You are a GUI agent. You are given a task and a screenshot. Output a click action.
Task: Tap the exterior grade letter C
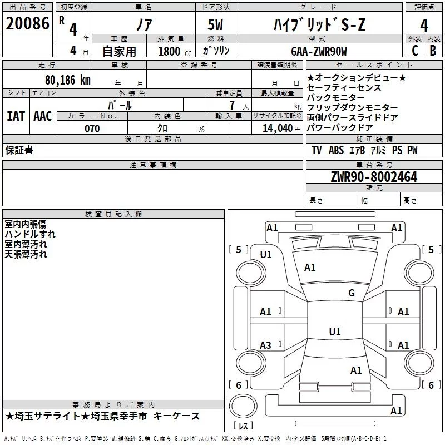point(414,50)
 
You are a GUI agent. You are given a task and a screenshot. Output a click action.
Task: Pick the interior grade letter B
point(433,50)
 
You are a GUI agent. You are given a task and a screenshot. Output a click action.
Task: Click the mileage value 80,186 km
point(68,80)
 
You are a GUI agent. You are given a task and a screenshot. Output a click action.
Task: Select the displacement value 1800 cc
point(172,51)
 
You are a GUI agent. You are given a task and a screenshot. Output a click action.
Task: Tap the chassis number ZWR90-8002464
point(374,177)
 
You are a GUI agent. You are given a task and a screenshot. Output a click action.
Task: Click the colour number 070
point(92,128)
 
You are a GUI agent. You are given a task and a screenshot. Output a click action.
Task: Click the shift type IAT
point(16,116)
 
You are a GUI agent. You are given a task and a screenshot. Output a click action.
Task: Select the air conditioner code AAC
point(43,116)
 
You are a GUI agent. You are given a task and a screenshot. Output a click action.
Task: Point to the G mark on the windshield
point(351,293)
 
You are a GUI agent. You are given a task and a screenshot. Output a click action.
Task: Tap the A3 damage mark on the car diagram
point(266,345)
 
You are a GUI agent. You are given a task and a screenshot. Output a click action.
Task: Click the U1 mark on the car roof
point(334,332)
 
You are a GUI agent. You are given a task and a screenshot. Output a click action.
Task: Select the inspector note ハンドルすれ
point(30,234)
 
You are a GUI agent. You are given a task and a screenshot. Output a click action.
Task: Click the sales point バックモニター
point(336,97)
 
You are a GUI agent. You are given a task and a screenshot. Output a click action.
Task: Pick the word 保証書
point(19,150)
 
